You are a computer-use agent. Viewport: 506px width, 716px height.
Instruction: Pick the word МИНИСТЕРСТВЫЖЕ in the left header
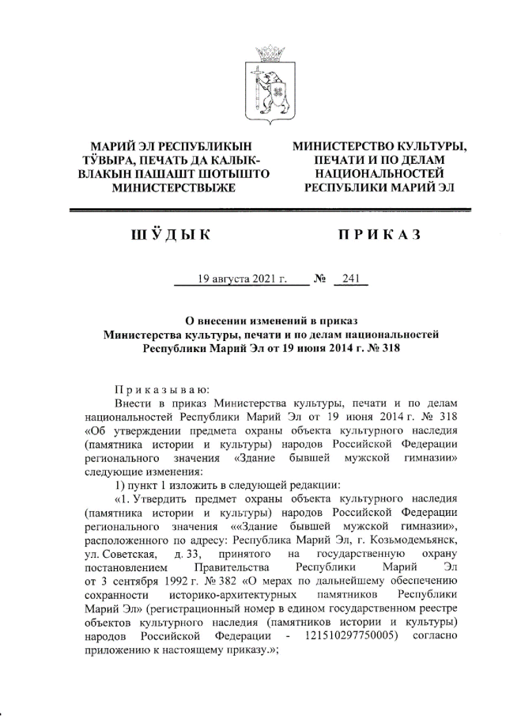(x=173, y=188)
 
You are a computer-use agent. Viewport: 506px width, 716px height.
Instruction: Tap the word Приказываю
(x=160, y=388)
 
